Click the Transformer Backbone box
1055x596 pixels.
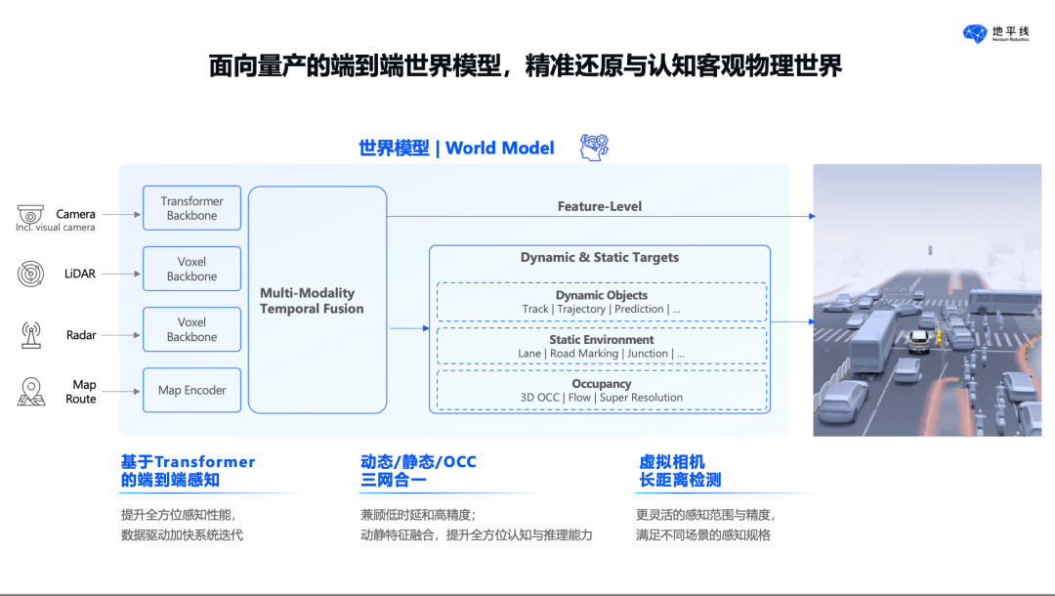(191, 208)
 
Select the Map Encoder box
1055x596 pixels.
(191, 390)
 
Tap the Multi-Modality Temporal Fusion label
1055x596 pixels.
(312, 301)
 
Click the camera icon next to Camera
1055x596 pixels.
(30, 214)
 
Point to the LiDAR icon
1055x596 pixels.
(30, 274)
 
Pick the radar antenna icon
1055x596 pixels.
(31, 335)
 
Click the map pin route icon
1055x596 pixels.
(31, 392)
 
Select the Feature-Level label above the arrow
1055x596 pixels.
(600, 206)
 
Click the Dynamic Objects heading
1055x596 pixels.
(602, 295)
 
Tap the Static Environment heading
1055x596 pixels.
(602, 340)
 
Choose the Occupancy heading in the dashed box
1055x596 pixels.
(602, 383)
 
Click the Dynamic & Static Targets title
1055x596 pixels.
(600, 257)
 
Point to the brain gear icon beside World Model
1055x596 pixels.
(594, 148)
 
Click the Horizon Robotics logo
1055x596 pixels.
(995, 33)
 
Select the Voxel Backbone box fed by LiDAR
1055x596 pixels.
(191, 269)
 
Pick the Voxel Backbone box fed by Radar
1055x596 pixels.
(191, 329)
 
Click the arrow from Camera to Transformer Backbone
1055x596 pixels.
(121, 215)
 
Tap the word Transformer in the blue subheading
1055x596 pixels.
(204, 462)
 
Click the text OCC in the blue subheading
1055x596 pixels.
(459, 462)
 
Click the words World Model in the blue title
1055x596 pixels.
(500, 148)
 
